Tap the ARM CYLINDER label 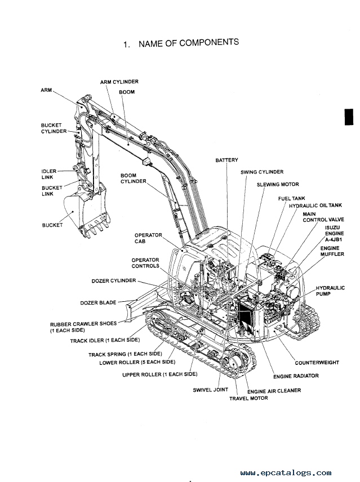[119, 82]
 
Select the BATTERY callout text [227, 160]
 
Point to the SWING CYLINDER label [262, 172]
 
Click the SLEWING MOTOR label [278, 184]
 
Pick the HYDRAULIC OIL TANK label [315, 206]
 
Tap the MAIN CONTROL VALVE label [318, 217]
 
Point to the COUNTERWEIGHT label [317, 363]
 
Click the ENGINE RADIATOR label [296, 376]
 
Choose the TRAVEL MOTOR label [248, 398]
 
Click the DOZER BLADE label [99, 303]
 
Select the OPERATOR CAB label [148, 238]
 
